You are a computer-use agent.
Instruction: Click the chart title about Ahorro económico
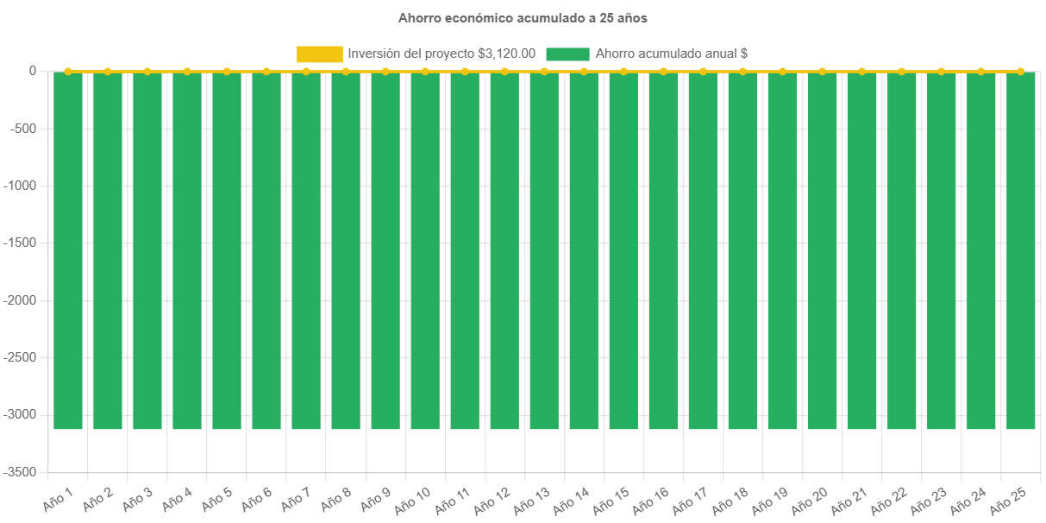(523, 17)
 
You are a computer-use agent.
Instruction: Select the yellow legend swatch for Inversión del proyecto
(319, 54)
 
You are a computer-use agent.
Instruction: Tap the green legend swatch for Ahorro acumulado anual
(567, 54)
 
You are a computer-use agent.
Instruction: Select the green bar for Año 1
(68, 250)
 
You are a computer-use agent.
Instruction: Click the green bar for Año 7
(306, 250)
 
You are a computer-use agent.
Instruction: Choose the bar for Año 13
(544, 250)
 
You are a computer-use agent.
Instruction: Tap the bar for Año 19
(782, 250)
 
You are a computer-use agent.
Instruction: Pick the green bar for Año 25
(1020, 250)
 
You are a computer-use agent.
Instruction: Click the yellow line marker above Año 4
(187, 71)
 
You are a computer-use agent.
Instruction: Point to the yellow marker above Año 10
(425, 71)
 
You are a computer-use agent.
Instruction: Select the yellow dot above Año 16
(663, 71)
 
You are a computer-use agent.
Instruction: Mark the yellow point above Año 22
(901, 71)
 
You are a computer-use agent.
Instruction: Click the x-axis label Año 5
(216, 498)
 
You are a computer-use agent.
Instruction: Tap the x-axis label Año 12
(492, 499)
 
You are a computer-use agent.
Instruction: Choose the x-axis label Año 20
(810, 499)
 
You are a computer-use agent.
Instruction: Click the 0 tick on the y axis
(32, 71)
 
